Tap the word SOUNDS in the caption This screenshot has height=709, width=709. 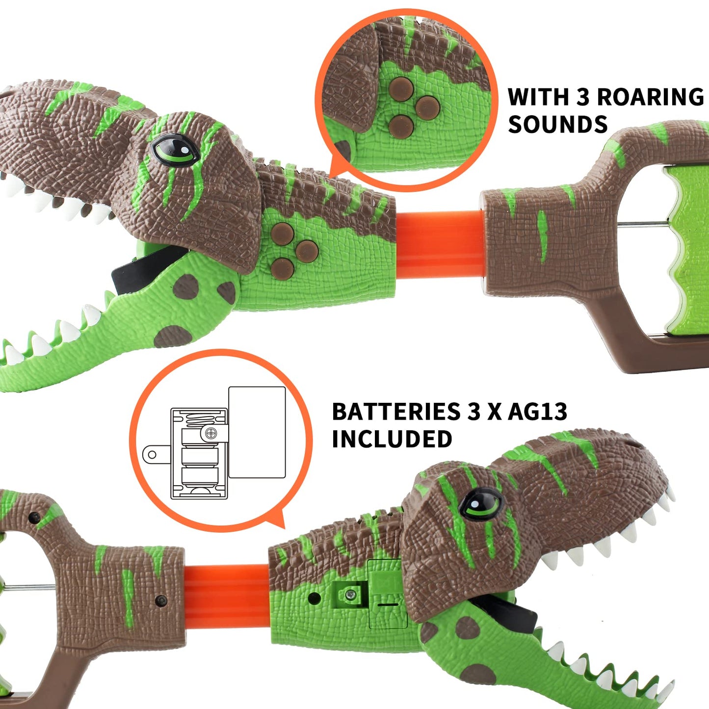point(558,125)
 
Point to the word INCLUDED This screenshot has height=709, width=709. point(392,439)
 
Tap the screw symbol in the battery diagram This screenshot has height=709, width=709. point(211,433)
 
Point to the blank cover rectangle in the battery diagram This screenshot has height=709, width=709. point(257,432)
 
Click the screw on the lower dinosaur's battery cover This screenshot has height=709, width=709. point(350,595)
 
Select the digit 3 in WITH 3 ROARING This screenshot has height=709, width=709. point(582,97)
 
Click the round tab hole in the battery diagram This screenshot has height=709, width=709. point(152,454)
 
